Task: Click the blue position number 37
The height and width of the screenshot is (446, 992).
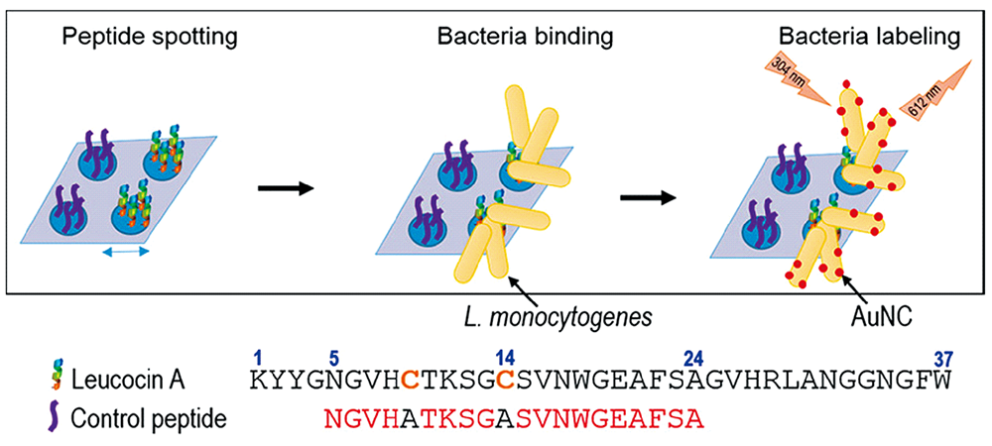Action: click(942, 357)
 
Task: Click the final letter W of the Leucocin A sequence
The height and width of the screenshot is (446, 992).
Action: click(941, 380)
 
